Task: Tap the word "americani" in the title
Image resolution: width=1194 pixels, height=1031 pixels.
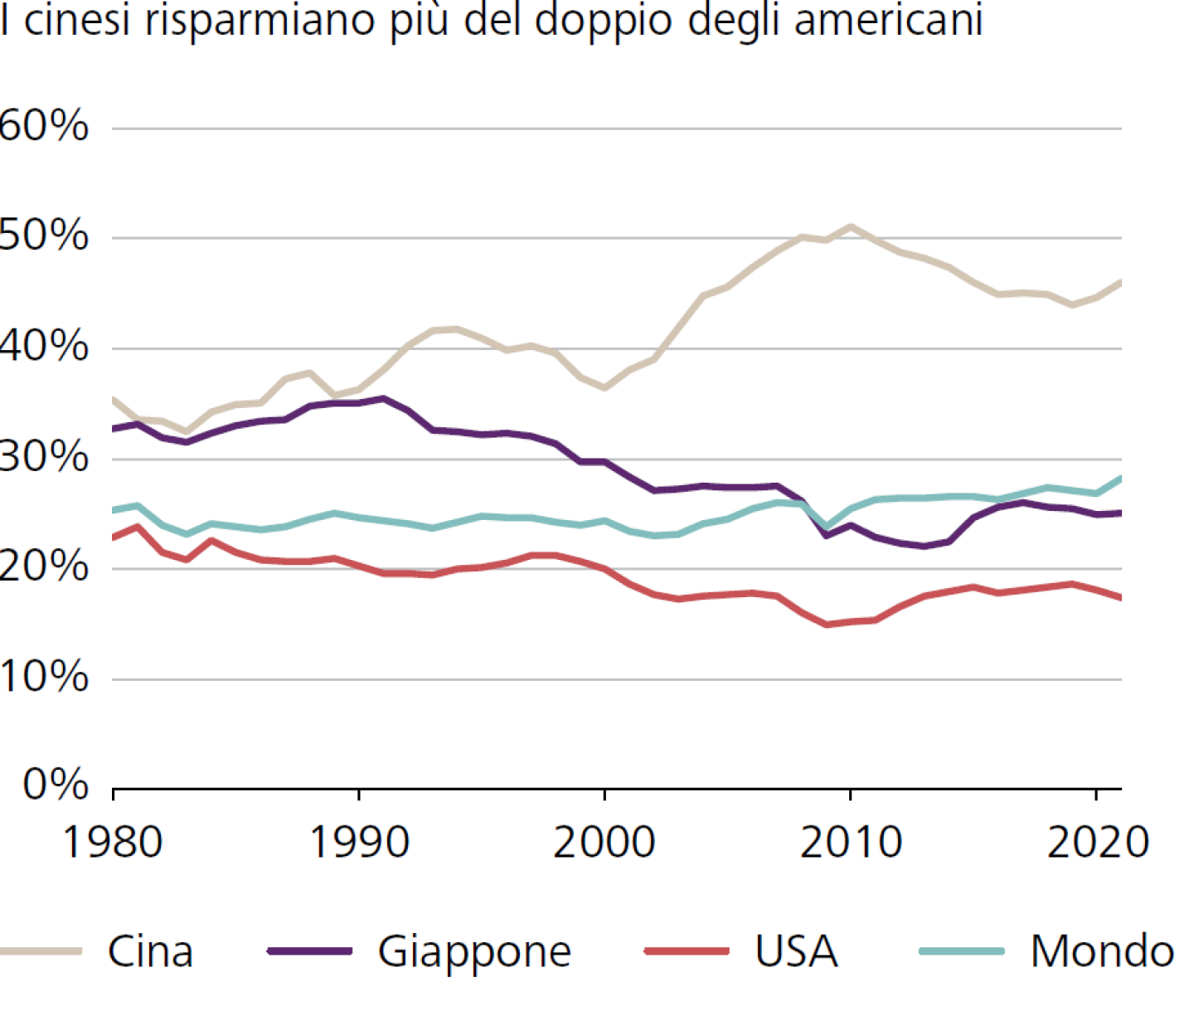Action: [888, 20]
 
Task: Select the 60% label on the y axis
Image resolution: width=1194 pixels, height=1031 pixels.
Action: [43, 126]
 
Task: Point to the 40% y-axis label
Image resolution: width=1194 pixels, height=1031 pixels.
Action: [43, 346]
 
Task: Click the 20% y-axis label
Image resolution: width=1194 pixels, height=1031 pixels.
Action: [43, 567]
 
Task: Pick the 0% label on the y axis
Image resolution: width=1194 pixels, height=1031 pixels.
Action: [56, 784]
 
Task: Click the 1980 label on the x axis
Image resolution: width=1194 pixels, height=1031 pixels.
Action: [113, 843]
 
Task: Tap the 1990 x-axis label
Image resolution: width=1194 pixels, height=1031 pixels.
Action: [358, 843]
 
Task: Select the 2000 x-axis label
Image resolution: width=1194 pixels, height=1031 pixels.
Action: [604, 843]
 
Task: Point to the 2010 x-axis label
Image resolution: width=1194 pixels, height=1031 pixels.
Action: [850, 843]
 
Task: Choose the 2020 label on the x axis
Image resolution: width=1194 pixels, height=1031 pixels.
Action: [1097, 843]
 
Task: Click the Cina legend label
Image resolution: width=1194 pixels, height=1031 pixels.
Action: [150, 951]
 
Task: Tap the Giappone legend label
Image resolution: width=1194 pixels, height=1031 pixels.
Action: [474, 951]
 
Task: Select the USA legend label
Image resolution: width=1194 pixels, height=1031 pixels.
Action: [796, 951]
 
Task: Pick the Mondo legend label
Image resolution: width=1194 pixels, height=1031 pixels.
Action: [1102, 951]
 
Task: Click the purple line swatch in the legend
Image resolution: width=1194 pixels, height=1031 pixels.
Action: [310, 951]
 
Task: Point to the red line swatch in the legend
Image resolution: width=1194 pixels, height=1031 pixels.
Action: [687, 951]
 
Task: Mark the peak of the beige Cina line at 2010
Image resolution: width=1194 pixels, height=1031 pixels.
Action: [850, 226]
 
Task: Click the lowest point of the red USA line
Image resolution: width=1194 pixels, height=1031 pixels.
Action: [826, 625]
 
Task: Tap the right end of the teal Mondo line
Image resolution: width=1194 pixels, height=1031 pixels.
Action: [1120, 479]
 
